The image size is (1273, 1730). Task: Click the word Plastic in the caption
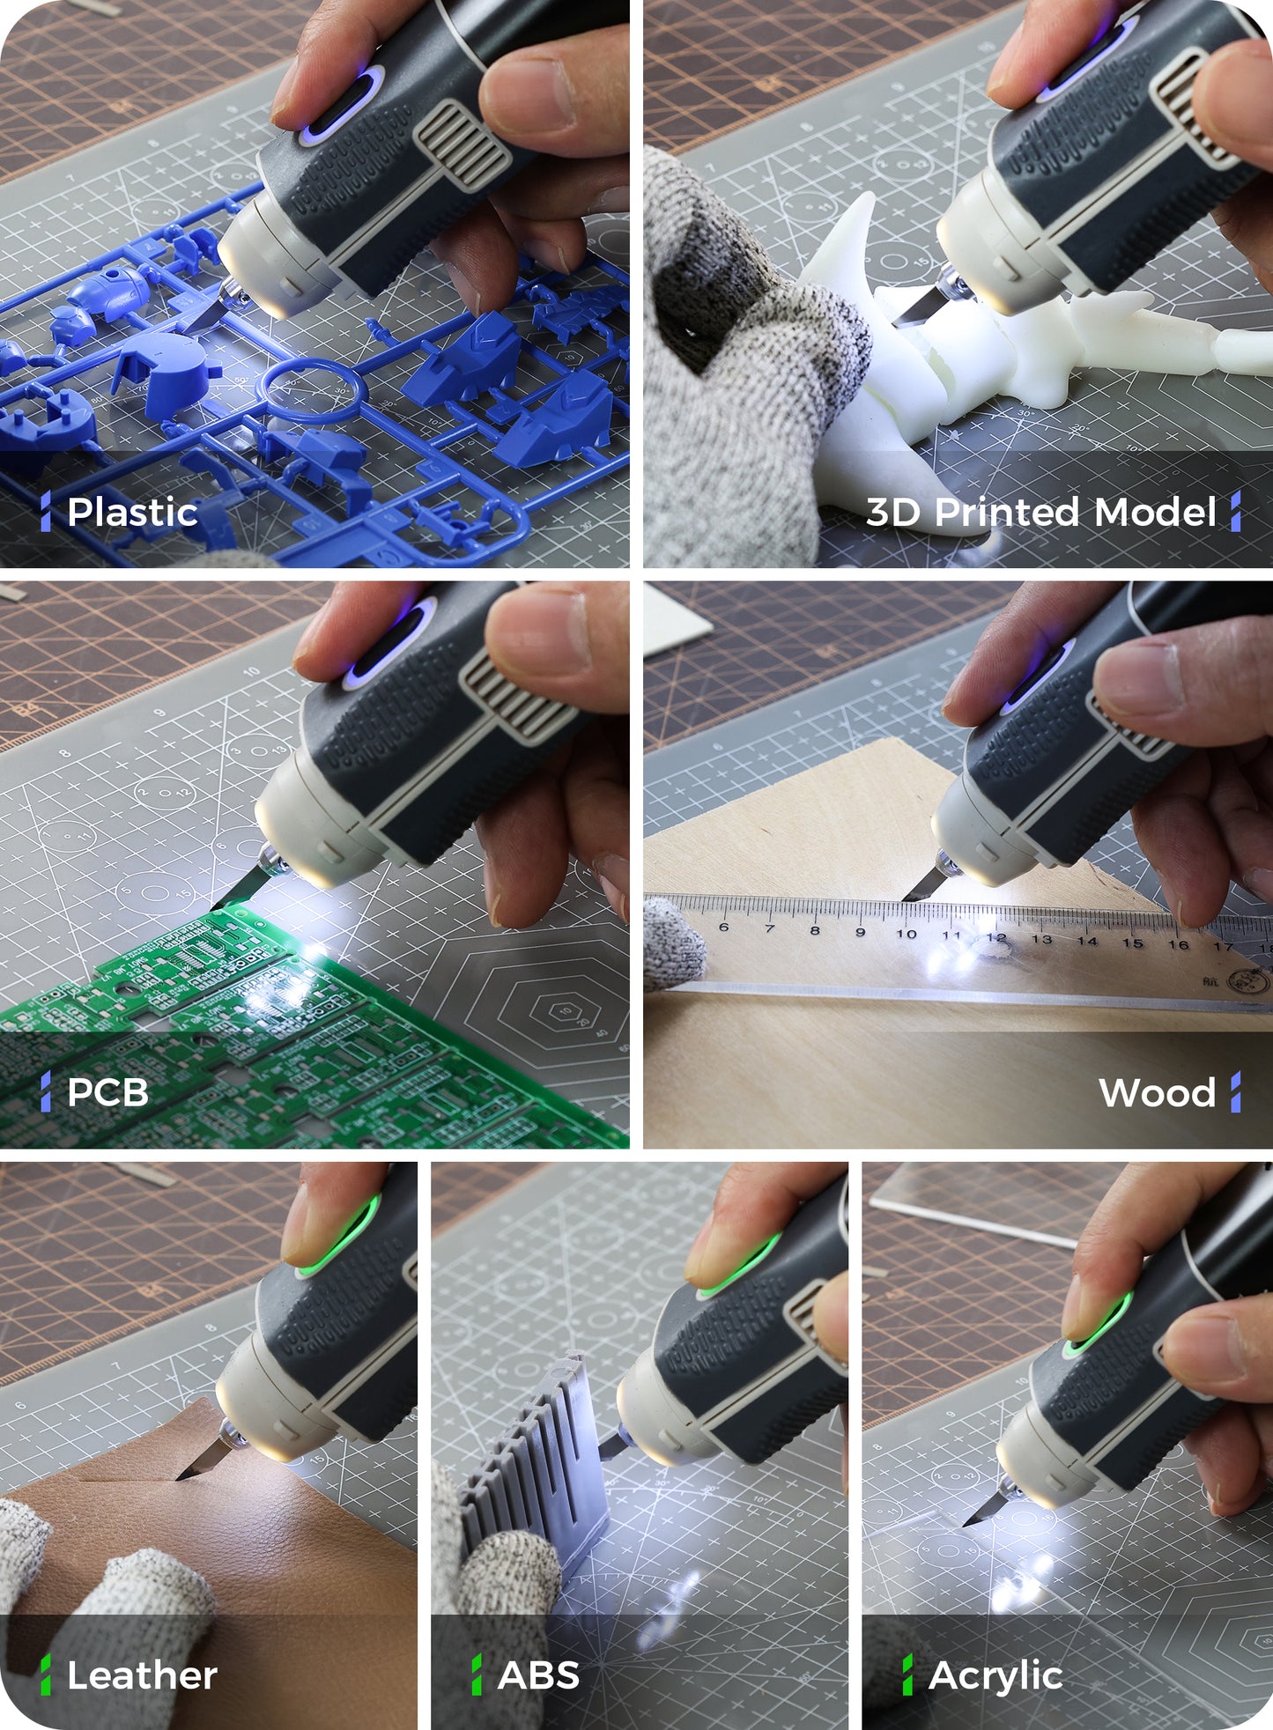tap(132, 513)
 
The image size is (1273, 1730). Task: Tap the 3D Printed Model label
tap(1040, 513)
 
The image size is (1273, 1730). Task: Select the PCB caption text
tap(107, 1092)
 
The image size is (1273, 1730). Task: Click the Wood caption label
tap(1158, 1093)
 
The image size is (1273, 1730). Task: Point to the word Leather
tap(142, 1675)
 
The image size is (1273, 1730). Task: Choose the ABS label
tap(538, 1675)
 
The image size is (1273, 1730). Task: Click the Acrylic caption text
tap(995, 1675)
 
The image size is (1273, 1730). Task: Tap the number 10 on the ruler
tap(906, 933)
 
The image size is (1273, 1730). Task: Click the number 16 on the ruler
tap(1178, 944)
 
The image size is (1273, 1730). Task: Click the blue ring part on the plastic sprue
tap(311, 389)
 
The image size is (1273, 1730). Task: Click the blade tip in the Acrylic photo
tap(968, 1521)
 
